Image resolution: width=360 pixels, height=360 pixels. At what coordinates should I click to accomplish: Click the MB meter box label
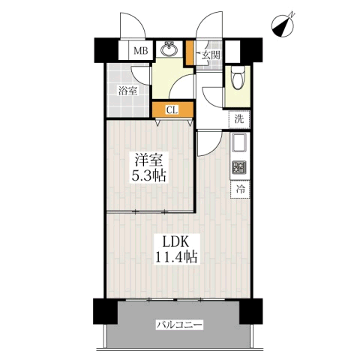coord(141,51)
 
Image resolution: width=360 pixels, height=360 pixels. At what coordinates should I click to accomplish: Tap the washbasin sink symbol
coord(169,49)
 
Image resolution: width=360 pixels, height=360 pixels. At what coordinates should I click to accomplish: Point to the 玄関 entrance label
coord(211,55)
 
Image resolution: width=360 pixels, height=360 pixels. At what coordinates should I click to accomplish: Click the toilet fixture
coord(238,78)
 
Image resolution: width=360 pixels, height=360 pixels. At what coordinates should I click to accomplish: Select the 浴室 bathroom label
coord(127,91)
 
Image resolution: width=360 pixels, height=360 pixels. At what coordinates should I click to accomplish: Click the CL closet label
coord(172,109)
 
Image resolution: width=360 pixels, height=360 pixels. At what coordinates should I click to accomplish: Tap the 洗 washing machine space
coord(239,119)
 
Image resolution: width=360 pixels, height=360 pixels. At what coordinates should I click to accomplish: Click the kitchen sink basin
coord(239,142)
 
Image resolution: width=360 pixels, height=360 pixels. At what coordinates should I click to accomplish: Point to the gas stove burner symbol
coord(239,167)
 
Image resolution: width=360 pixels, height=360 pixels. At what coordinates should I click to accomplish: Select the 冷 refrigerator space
coord(240,190)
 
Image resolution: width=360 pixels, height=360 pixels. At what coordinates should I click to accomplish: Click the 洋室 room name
coord(149,160)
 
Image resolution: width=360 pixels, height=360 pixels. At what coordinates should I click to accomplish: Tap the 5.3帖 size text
coord(149,175)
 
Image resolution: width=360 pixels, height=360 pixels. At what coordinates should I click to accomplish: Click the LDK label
coord(175,241)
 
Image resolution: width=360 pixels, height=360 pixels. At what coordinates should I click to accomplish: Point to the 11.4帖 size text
coord(176,256)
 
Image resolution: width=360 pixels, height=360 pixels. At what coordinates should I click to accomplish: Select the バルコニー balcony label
coord(179,325)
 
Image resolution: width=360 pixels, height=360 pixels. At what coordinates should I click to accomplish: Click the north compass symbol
coord(283,27)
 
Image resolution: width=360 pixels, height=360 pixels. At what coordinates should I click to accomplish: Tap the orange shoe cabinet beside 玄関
coord(190,53)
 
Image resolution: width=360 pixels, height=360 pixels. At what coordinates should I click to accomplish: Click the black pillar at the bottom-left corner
coord(106,311)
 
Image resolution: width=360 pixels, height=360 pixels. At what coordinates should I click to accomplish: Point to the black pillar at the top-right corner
coord(251,50)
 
